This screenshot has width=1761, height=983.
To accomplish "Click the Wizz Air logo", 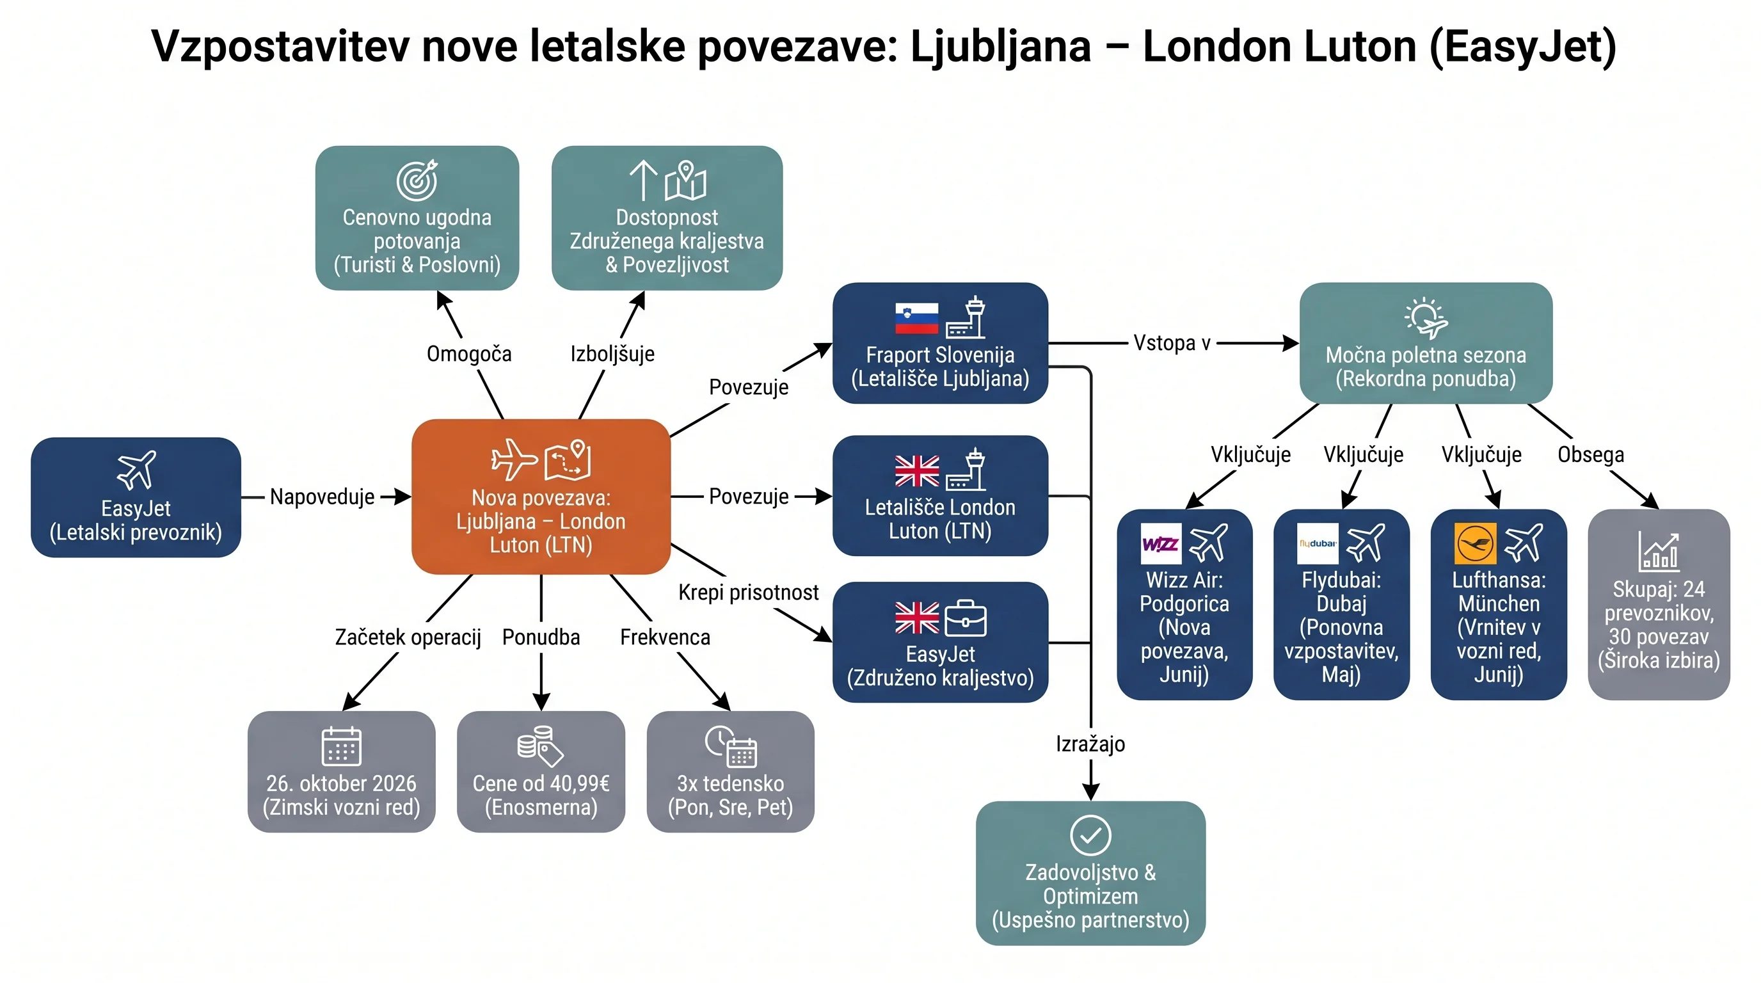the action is click(1161, 543).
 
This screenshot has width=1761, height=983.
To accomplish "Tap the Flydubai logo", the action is click(1318, 543).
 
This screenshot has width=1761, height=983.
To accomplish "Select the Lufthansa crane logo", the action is click(1474, 543).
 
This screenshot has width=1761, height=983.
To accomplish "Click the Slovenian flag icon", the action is click(917, 318).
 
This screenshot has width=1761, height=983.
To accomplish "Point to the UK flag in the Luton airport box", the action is click(917, 471).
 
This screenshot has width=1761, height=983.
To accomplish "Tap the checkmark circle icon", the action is click(1090, 835).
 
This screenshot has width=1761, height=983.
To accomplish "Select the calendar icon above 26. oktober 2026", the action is click(341, 745).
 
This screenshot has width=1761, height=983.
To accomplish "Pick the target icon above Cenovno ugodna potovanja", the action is click(417, 180).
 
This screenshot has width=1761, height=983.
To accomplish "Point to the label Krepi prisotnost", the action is click(748, 592).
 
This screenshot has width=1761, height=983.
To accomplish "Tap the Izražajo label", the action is click(1090, 744).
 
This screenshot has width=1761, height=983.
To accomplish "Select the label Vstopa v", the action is click(1172, 342).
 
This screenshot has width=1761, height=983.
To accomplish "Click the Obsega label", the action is click(1591, 454).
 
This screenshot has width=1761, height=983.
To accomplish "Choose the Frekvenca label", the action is click(665, 637).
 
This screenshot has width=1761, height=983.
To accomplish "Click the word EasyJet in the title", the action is click(1523, 47).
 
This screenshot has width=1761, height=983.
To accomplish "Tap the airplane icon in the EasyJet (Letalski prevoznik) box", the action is click(136, 470).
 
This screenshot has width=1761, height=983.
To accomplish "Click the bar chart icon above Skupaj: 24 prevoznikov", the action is click(1659, 552).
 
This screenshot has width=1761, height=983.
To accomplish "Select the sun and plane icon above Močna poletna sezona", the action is click(1426, 318).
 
